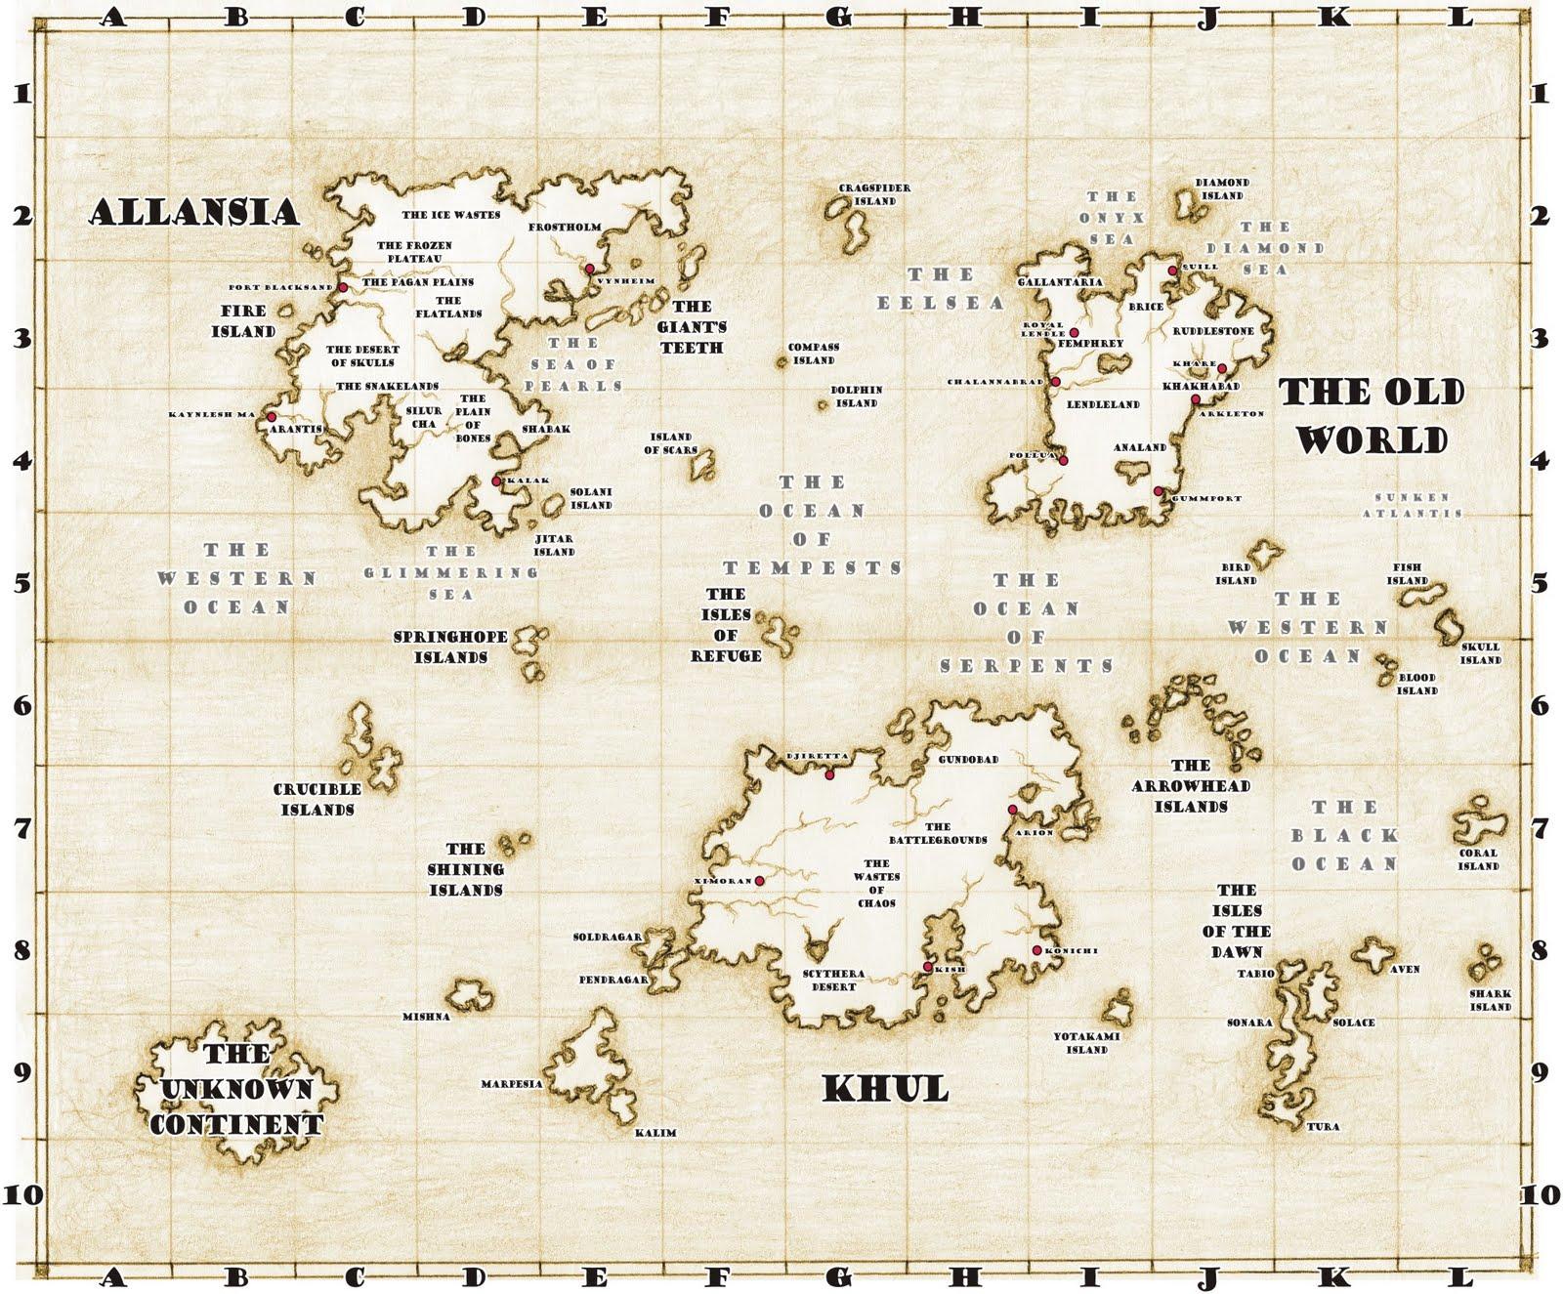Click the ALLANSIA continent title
pyautogui.click(x=194, y=212)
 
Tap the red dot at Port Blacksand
pyautogui.click(x=343, y=287)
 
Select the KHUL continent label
pyautogui.click(x=885, y=1088)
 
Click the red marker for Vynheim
pyautogui.click(x=589, y=268)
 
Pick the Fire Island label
pyautogui.click(x=243, y=321)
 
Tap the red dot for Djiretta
pyautogui.click(x=829, y=774)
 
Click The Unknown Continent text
pyautogui.click(x=236, y=1089)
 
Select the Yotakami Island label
pyautogui.click(x=1086, y=1043)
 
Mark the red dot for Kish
pyautogui.click(x=927, y=967)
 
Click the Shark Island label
pyautogui.click(x=1490, y=1000)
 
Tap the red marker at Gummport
pyautogui.click(x=1158, y=491)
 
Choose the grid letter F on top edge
pyautogui.click(x=717, y=16)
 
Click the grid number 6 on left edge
pyautogui.click(x=21, y=704)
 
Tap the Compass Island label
pyautogui.click(x=813, y=354)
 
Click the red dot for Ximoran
pyautogui.click(x=759, y=881)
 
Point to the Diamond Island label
pyautogui.click(x=1222, y=188)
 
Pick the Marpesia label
pyautogui.click(x=511, y=1084)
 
